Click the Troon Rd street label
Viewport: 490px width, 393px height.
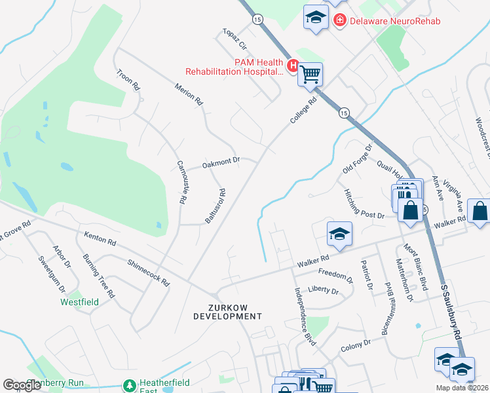[128, 79]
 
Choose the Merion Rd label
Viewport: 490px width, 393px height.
[189, 95]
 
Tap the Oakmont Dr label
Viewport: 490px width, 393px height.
[221, 160]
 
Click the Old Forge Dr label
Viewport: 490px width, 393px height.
[357, 160]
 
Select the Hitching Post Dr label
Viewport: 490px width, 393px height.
[362, 204]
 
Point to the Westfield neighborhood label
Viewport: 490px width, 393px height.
[79, 303]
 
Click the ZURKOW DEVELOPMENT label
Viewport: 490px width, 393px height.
[227, 311]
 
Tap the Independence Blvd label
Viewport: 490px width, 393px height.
[305, 316]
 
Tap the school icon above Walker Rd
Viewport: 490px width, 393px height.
[339, 234]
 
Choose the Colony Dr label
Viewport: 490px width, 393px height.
[356, 346]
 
